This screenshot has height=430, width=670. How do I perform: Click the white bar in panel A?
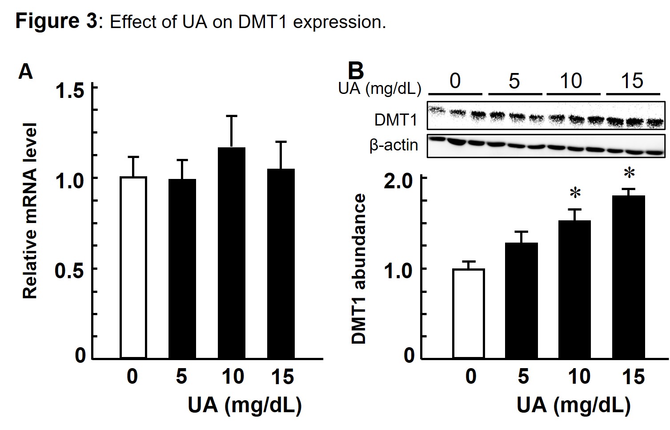pyautogui.click(x=133, y=267)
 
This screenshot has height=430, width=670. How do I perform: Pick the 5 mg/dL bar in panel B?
pyautogui.click(x=521, y=300)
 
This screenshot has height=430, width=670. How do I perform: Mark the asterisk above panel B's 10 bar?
pyautogui.click(x=575, y=194)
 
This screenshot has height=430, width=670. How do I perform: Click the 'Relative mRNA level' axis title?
pyautogui.click(x=30, y=211)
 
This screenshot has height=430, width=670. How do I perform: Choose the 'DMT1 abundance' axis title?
pyautogui.click(x=358, y=269)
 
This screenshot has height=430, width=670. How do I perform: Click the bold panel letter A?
pyautogui.click(x=25, y=71)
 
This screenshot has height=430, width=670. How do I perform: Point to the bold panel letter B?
pyautogui.click(x=355, y=71)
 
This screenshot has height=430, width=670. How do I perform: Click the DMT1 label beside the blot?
pyautogui.click(x=396, y=120)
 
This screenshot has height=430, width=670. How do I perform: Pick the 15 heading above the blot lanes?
pyautogui.click(x=632, y=81)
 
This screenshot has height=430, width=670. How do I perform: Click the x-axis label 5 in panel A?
pyautogui.click(x=181, y=377)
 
